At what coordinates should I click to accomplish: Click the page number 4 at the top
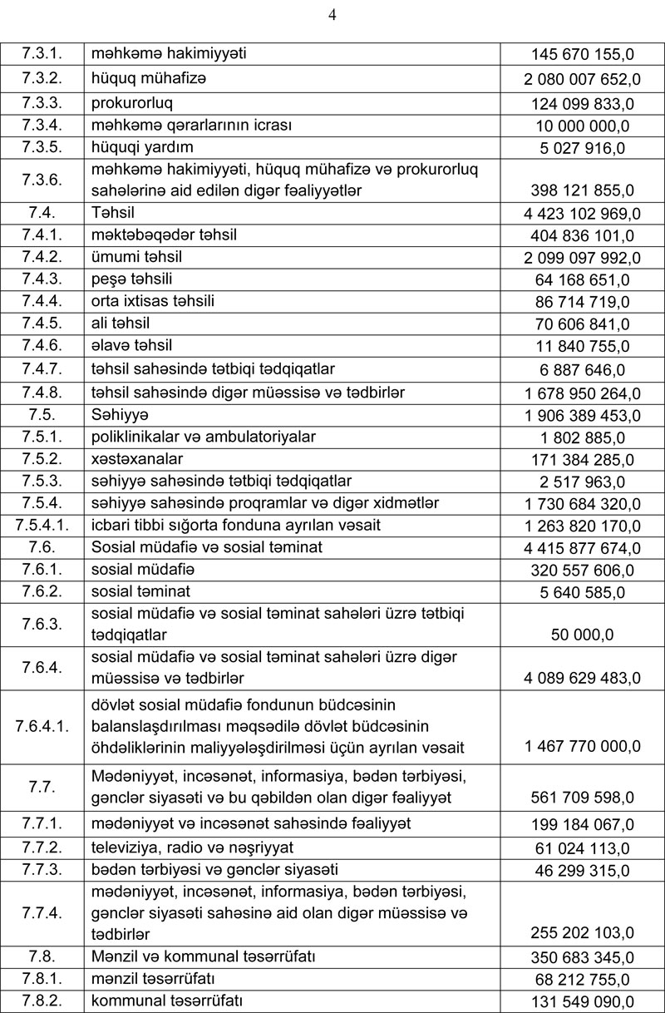click(x=332, y=14)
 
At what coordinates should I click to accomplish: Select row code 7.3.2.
click(x=42, y=80)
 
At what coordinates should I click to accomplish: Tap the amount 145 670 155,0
click(x=583, y=55)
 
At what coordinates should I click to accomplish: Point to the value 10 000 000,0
click(x=583, y=126)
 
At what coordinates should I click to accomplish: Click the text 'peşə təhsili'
click(x=132, y=279)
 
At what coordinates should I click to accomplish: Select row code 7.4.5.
click(x=42, y=323)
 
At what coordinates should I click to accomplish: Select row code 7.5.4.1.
click(x=42, y=525)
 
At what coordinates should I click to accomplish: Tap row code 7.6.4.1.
click(x=42, y=725)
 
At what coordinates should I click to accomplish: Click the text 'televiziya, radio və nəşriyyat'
click(x=192, y=847)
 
